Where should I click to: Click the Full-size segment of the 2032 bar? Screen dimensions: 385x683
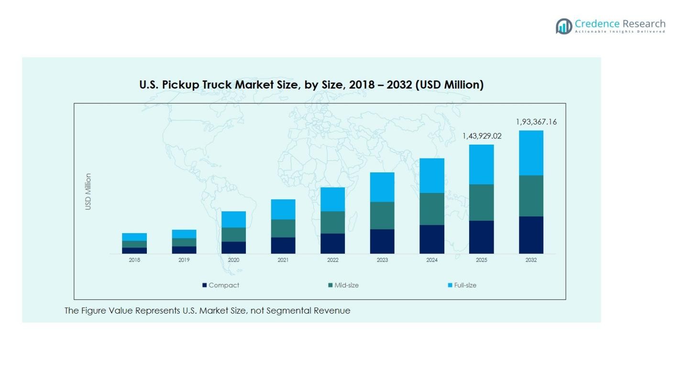point(531,153)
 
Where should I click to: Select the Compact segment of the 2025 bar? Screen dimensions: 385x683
point(481,237)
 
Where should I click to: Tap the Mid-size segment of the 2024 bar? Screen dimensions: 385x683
point(432,209)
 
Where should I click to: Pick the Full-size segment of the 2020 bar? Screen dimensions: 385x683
point(233,219)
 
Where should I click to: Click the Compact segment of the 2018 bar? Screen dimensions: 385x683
point(134,250)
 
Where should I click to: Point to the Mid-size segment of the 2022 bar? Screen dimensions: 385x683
point(332,222)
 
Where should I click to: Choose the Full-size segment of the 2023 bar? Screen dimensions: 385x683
point(382,187)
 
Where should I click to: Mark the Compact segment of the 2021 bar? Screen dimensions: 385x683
point(283,245)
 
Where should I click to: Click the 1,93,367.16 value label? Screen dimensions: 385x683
point(536,122)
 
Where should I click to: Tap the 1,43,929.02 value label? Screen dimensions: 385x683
point(482,136)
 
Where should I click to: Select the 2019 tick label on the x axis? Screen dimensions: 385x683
point(184,260)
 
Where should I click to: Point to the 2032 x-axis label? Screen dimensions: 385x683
point(531,260)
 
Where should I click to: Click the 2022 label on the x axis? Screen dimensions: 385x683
point(332,260)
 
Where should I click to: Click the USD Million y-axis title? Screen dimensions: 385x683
point(88,192)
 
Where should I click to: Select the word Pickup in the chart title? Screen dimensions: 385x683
point(182,85)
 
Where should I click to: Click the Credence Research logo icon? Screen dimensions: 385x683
point(564,26)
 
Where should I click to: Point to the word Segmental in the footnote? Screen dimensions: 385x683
point(288,311)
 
